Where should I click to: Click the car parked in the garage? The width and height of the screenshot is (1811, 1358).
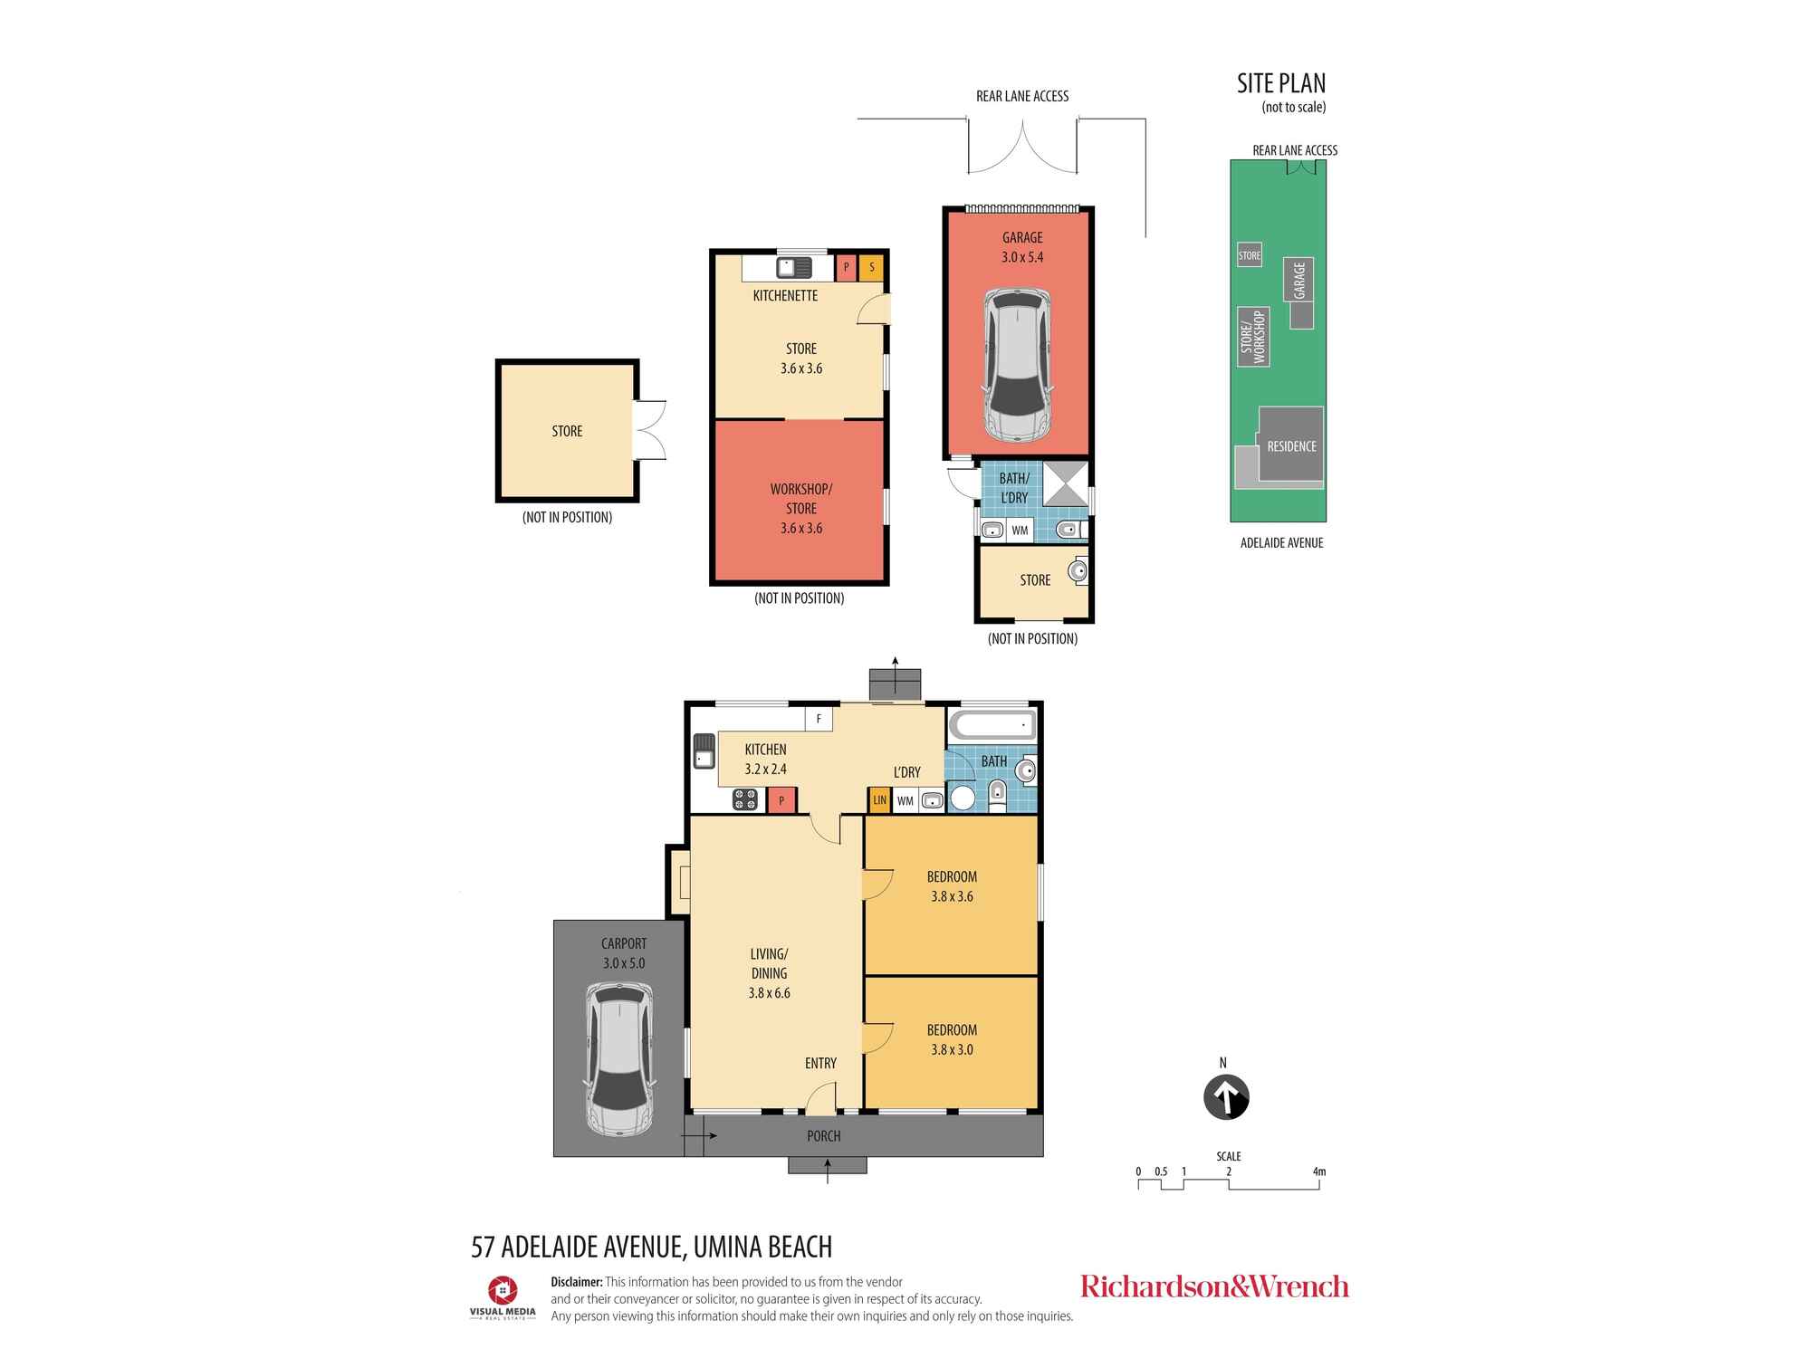1017,365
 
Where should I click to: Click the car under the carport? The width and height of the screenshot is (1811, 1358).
619,1058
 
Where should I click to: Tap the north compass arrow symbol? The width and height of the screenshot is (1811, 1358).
1226,1097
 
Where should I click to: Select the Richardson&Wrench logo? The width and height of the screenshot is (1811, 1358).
1214,1286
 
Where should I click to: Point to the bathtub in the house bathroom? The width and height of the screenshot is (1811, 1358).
992,725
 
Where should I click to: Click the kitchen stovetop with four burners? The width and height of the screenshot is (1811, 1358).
745,799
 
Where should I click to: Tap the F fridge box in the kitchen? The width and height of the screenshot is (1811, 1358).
819,719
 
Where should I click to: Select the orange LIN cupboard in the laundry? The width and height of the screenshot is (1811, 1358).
879,800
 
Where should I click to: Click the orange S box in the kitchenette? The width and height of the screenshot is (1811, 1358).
871,267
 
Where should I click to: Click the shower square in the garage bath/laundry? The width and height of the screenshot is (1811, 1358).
1065,483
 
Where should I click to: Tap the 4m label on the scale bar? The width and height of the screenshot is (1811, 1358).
1318,1172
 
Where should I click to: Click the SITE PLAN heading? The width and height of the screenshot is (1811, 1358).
1281,83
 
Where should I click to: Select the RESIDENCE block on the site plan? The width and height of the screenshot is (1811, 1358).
1291,444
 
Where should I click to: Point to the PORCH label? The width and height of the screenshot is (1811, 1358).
824,1136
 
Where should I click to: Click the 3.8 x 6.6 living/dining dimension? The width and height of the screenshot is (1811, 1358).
769,993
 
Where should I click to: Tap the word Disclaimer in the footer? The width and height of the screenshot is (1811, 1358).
577,1282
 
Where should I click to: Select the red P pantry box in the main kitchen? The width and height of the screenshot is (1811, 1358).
781,800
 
